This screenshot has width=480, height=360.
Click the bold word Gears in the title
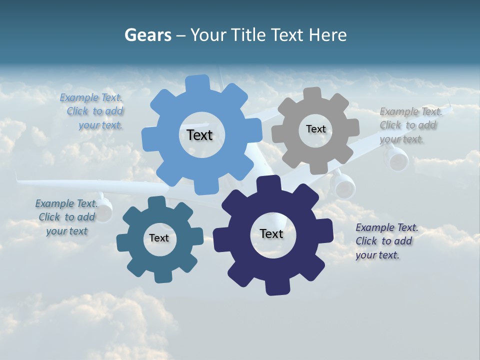[147, 35]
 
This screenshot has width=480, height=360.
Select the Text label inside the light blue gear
[199, 135]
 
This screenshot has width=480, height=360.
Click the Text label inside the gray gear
[315, 129]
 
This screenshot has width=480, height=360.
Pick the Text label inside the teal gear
[159, 238]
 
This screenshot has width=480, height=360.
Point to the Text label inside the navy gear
[271, 233]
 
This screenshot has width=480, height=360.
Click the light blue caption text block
[92, 111]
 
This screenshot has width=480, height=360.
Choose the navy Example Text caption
[386, 241]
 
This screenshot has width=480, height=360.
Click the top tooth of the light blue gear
[198, 82]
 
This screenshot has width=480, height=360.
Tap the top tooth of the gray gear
[312, 93]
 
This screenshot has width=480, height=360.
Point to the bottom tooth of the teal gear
[161, 276]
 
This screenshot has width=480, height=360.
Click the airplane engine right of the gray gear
[398, 159]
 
